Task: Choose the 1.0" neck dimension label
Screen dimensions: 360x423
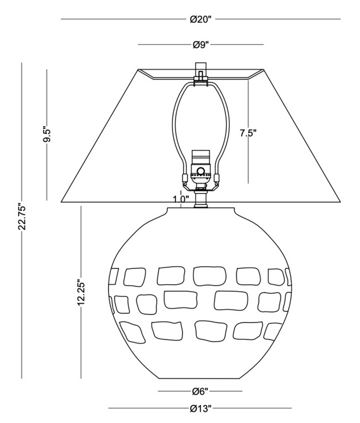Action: tap(181, 199)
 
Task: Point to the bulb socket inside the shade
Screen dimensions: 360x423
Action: tap(201, 169)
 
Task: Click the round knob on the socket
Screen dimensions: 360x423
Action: tap(201, 171)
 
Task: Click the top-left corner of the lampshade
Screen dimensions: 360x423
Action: tap(139, 70)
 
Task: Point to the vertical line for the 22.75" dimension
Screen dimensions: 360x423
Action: tap(23, 145)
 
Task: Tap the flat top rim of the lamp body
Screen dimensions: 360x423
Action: tap(201, 208)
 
